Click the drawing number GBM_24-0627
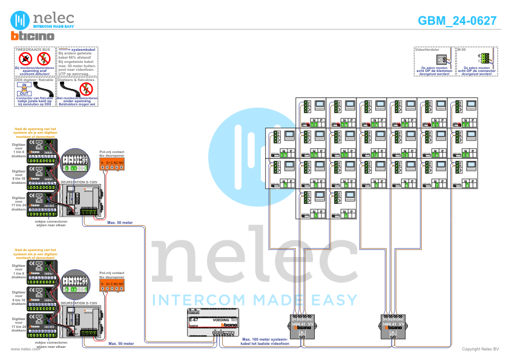pos(458,21)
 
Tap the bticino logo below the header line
pos(33,36)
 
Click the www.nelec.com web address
pos(25,349)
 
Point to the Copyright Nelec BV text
pos(480,349)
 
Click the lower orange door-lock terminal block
pos(112,283)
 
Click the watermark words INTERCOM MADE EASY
pos(254,299)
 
